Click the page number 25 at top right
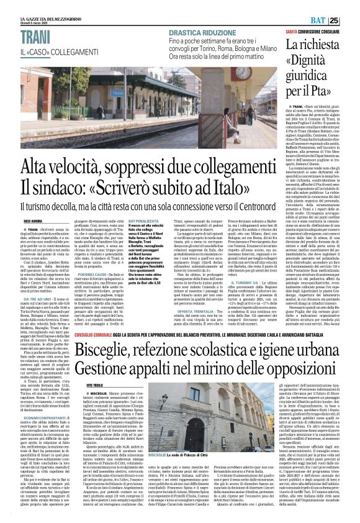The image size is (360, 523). [x=351, y=20]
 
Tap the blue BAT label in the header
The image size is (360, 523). [x=335, y=20]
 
